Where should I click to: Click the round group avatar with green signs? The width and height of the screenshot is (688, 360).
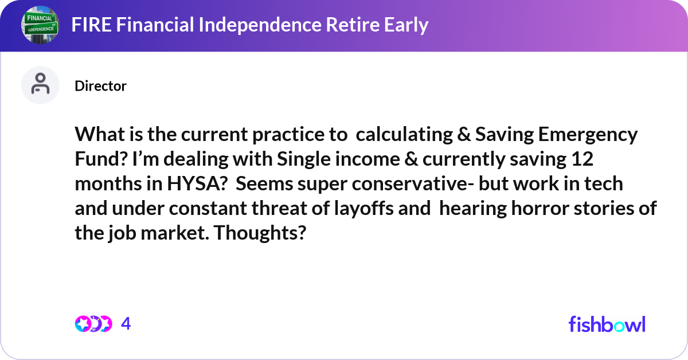pyautogui.click(x=40, y=25)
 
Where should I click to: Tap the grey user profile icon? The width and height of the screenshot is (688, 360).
pyautogui.click(x=40, y=85)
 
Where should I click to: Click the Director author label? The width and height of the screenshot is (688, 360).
pyautogui.click(x=100, y=86)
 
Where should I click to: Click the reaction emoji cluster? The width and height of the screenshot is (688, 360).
pyautogui.click(x=93, y=324)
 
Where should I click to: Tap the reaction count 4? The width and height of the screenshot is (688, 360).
pyautogui.click(x=126, y=324)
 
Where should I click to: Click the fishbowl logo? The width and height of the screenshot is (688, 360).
pyautogui.click(x=607, y=324)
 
